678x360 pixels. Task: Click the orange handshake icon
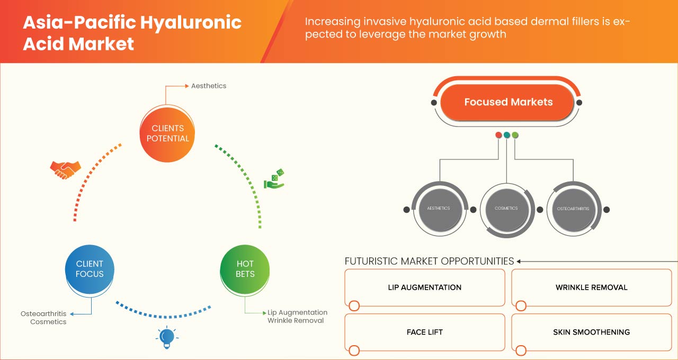65,169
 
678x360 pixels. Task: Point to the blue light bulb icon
167,337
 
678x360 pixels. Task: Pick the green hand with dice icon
274,179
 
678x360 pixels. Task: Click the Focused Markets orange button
508,102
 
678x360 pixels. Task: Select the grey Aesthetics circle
438,209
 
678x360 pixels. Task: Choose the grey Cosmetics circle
506,209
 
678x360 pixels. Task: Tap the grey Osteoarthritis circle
573,209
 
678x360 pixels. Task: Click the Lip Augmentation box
424,287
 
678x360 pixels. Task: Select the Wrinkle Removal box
591,287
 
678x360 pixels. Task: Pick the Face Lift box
424,332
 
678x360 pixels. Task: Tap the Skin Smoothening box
591,332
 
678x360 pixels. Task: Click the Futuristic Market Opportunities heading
429,261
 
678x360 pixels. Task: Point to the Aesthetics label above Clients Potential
209,86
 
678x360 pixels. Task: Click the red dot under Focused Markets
498,135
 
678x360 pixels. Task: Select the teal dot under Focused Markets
507,135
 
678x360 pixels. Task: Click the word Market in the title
101,43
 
